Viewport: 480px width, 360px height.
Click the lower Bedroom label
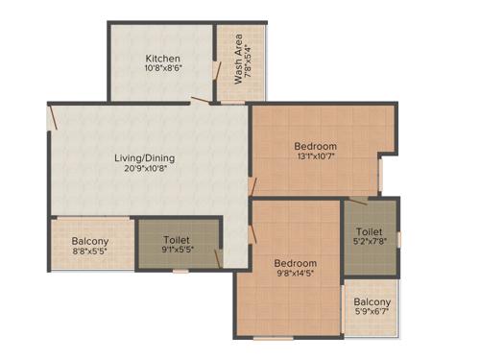pos(295,263)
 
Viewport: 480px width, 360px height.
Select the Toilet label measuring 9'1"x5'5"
pos(177,240)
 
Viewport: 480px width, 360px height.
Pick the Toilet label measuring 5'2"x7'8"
pos(370,232)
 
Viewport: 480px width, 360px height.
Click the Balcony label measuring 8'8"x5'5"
pos(90,241)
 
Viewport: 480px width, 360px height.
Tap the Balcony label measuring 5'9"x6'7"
pos(372,303)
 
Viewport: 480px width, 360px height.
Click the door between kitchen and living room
pos(201,100)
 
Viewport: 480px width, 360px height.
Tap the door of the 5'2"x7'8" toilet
pos(357,202)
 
